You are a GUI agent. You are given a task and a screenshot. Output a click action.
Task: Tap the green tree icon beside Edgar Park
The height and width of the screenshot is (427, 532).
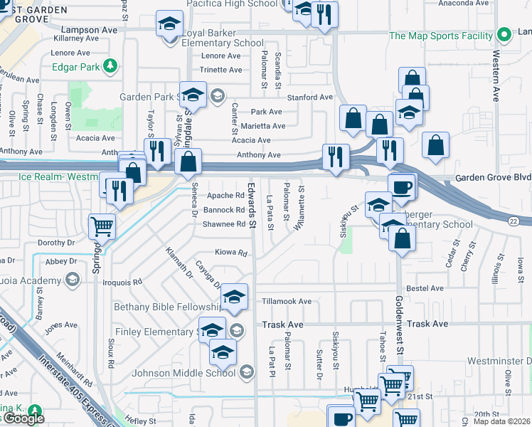pos(110,67)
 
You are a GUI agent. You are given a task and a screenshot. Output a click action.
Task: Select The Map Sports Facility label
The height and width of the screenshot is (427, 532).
pos(441,36)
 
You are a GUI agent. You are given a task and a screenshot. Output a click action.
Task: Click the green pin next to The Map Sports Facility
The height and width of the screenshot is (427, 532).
pos(504,34)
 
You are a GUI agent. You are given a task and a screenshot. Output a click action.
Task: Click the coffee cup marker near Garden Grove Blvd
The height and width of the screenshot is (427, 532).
pos(403,186)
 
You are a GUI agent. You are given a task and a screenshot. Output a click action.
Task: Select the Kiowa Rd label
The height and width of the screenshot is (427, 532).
pos(232,253)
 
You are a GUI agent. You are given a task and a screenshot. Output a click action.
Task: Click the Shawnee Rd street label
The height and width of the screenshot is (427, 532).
pos(224,224)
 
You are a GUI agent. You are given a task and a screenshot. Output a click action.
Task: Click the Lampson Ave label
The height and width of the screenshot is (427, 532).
pos(89,31)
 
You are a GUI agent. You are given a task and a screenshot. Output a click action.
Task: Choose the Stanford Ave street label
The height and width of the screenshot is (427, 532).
pos(309,97)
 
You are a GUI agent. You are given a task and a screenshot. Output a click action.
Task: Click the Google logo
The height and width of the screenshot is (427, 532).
pos(23,418)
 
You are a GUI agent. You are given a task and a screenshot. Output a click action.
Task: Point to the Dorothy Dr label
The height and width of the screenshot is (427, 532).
pos(56,243)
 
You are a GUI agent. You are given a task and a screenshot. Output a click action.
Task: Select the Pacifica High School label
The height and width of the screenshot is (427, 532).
pos(231,4)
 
